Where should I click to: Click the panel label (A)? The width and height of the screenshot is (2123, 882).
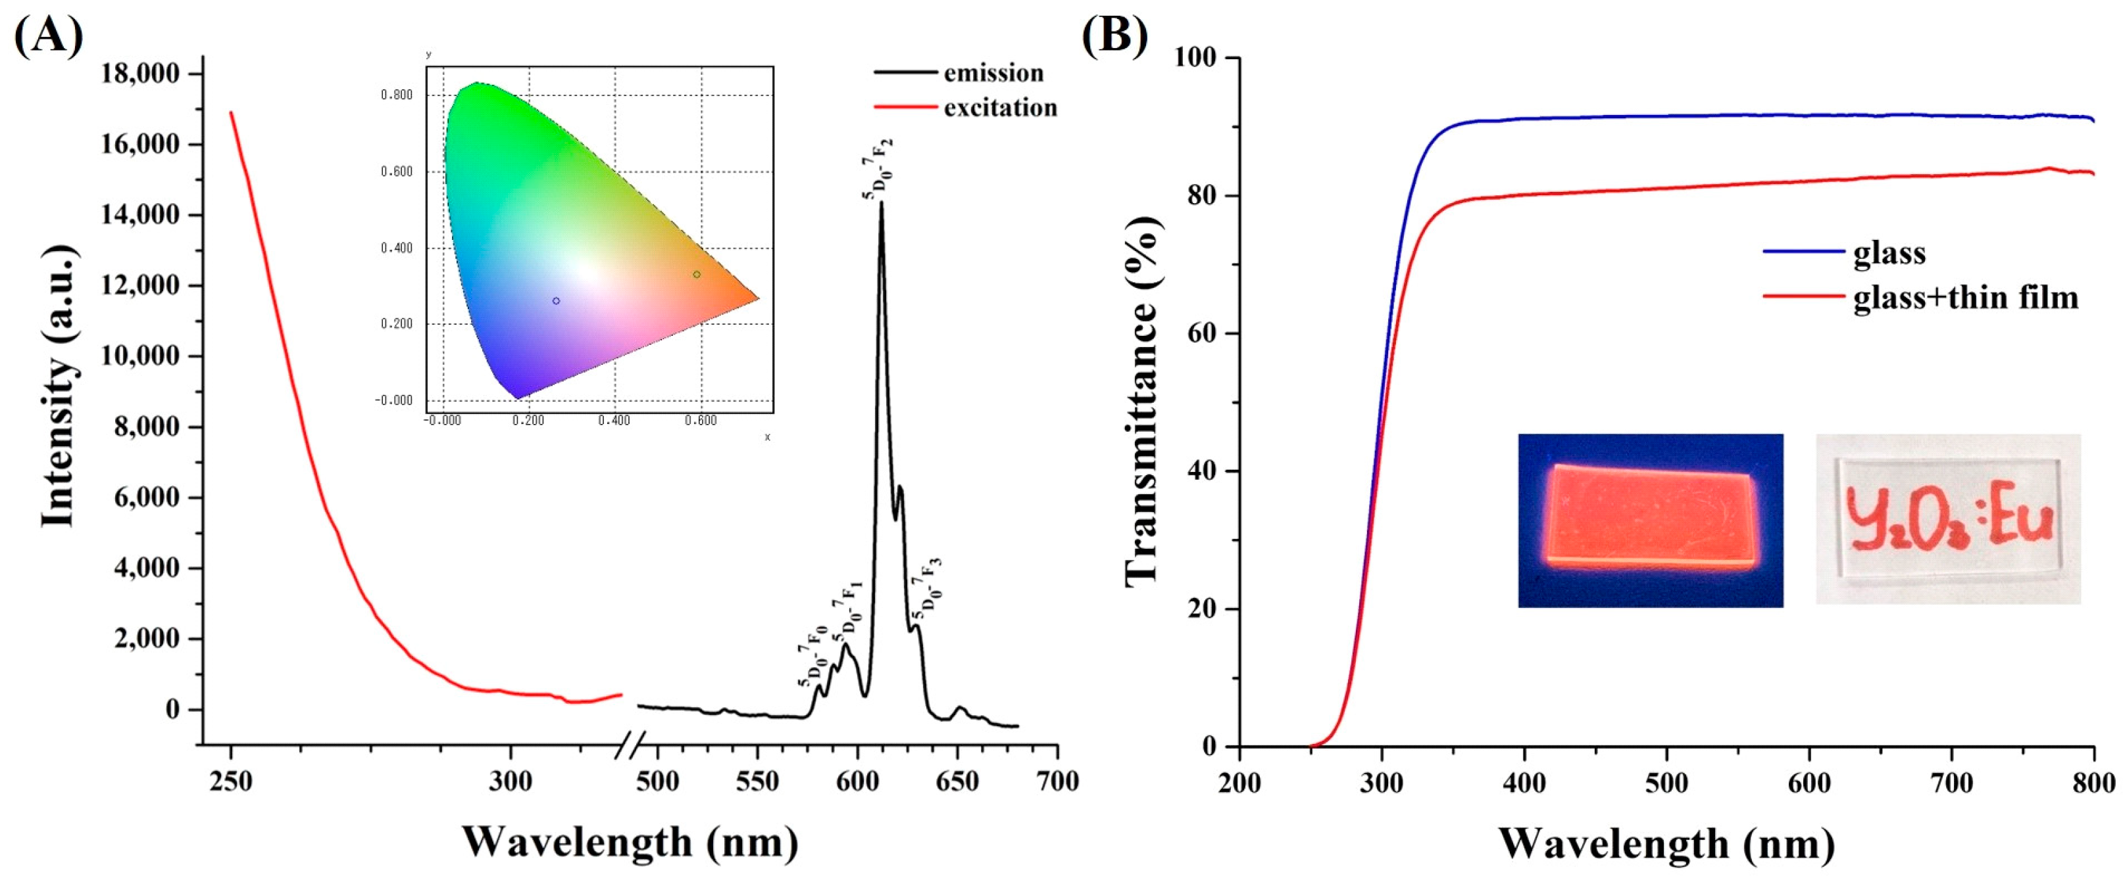point(49,35)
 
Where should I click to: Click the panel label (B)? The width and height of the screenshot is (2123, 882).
point(1114,35)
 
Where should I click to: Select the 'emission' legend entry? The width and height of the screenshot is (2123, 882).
point(993,74)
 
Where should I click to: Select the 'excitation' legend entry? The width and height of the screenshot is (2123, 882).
point(1000,108)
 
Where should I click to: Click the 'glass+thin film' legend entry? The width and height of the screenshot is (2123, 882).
point(1966,297)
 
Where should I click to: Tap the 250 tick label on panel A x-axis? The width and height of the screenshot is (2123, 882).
point(231,780)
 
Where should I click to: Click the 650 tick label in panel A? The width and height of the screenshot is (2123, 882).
point(957,780)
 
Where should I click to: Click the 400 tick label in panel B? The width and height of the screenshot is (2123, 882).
point(1524,782)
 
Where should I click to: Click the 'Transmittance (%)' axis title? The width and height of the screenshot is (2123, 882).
point(1143,402)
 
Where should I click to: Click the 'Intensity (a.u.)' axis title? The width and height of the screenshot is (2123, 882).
point(59,385)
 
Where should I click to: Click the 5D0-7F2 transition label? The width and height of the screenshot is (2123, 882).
point(878,169)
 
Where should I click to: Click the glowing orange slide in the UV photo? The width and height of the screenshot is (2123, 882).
point(1651,517)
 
